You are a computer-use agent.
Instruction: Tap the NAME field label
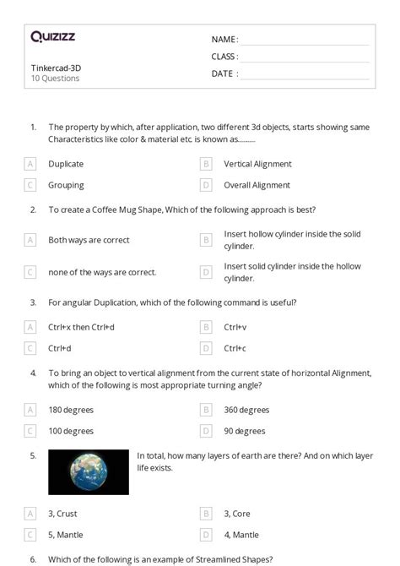pos(224,40)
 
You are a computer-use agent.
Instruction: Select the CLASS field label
pos(224,57)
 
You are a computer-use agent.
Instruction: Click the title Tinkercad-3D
pos(56,68)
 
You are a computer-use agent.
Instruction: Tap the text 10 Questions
pos(55,79)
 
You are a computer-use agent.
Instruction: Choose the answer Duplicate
pos(66,164)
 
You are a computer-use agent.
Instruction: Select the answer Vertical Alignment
pos(257,164)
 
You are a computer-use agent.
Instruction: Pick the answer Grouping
pos(66,185)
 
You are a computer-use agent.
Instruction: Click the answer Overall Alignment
pos(257,185)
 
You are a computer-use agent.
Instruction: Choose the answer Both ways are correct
pos(89,240)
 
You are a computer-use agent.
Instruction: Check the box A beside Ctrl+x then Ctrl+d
pos(30,327)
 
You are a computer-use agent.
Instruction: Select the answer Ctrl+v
pos(235,327)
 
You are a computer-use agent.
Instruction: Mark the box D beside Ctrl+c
pos(206,348)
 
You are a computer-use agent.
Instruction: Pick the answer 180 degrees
pos(71,410)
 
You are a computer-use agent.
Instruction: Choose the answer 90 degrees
pos(244,431)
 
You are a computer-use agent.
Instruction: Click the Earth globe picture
pos(89,471)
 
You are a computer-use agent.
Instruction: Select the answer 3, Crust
pos(66,513)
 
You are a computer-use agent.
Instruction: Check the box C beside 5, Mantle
pos(30,534)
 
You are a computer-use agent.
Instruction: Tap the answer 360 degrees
pos(246,410)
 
